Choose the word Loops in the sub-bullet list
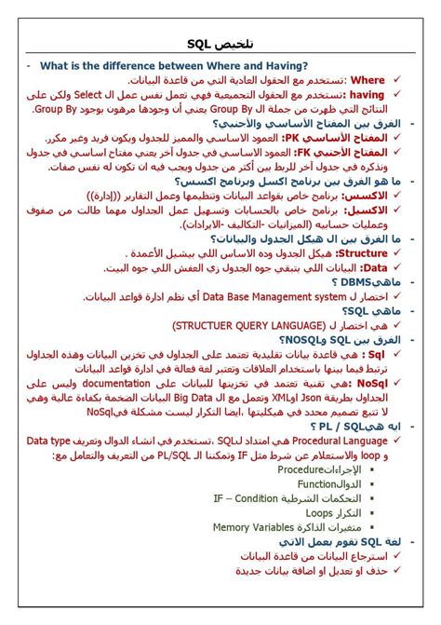pos(319,512)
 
